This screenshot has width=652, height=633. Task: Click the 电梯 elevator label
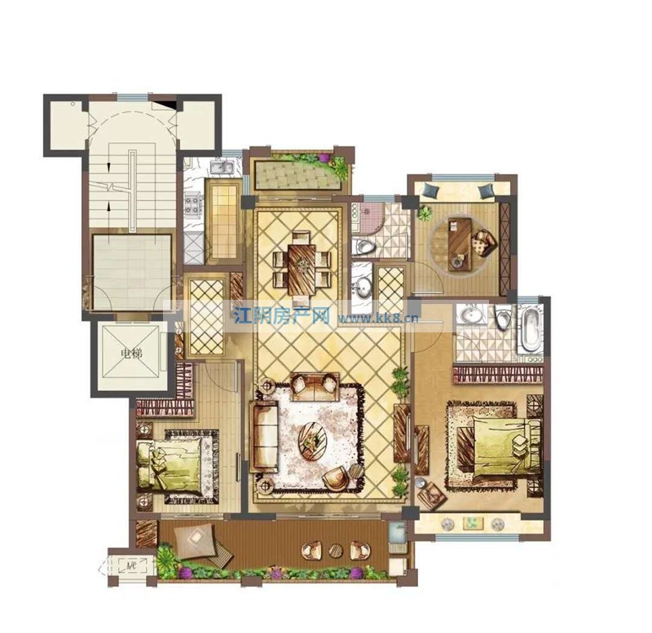(131, 354)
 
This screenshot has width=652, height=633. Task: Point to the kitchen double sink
(222, 167)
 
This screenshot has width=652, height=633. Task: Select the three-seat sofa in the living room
(263, 437)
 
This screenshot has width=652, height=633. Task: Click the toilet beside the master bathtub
(504, 317)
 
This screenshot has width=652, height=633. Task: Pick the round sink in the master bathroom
(471, 315)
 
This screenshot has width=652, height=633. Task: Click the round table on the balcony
(335, 551)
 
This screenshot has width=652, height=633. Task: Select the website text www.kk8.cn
(379, 318)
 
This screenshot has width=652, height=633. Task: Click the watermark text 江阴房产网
(281, 315)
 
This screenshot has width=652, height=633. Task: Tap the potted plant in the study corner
(425, 213)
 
